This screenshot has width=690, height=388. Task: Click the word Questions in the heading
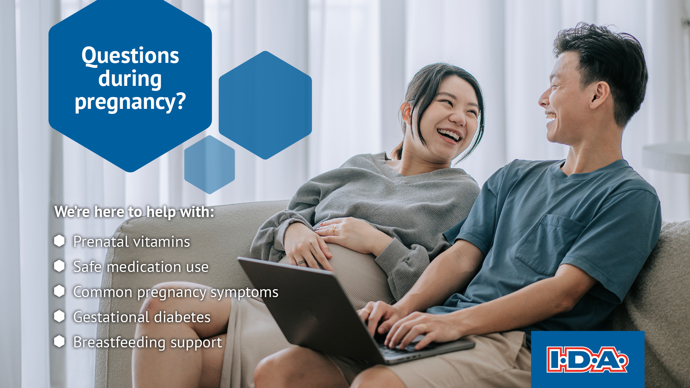(130, 56)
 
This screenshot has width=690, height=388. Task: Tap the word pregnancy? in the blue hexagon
(130, 102)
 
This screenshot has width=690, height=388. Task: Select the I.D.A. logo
(587, 359)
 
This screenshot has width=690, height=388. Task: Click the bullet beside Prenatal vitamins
(59, 241)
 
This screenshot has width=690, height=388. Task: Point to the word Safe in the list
(87, 267)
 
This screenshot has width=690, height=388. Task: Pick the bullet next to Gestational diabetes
(59, 316)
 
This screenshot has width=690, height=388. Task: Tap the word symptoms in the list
(244, 292)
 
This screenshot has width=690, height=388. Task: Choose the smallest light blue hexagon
(210, 165)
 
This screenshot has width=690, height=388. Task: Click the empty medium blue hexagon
(265, 105)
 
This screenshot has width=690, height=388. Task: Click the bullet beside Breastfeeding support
(59, 341)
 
